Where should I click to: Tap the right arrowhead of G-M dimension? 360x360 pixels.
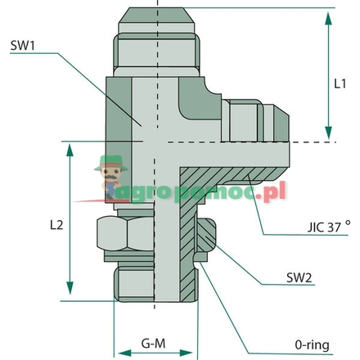(195, 353)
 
